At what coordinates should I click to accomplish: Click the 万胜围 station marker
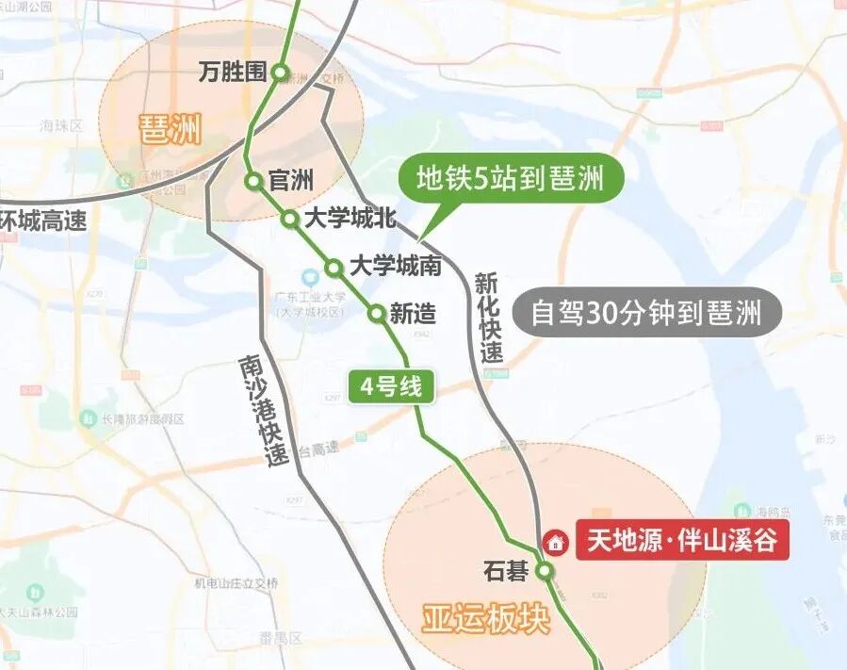click(280, 73)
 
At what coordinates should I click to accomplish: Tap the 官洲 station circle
click(253, 181)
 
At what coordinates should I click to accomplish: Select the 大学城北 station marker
click(291, 220)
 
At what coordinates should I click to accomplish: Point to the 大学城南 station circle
click(334, 268)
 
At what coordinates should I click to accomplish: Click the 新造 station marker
click(377, 314)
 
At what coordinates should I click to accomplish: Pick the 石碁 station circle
click(545, 571)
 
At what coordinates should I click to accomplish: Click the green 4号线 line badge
click(391, 387)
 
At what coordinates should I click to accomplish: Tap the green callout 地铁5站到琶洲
click(510, 178)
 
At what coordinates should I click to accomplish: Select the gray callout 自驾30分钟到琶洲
click(646, 313)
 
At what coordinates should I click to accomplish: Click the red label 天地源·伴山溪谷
click(682, 542)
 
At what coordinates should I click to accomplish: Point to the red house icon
click(556, 543)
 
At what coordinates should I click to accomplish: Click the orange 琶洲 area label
click(171, 130)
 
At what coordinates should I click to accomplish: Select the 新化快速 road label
click(489, 318)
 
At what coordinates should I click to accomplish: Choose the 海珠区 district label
click(61, 125)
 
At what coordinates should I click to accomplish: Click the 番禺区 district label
click(281, 638)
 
